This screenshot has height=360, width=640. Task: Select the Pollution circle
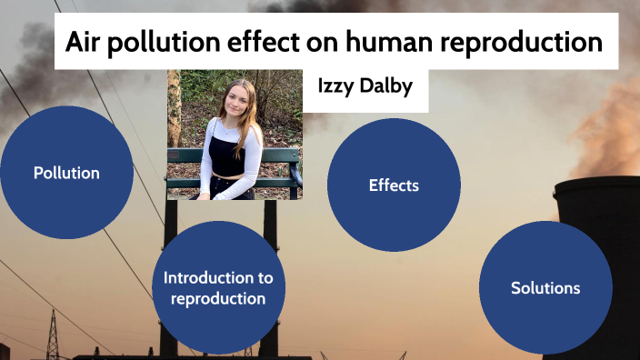pos(66,173)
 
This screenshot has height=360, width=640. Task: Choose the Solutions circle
pos(545,288)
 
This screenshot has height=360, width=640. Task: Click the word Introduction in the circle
pos(218,277)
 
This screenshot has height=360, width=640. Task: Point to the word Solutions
pos(545,288)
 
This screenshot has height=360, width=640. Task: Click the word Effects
pos(394,185)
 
